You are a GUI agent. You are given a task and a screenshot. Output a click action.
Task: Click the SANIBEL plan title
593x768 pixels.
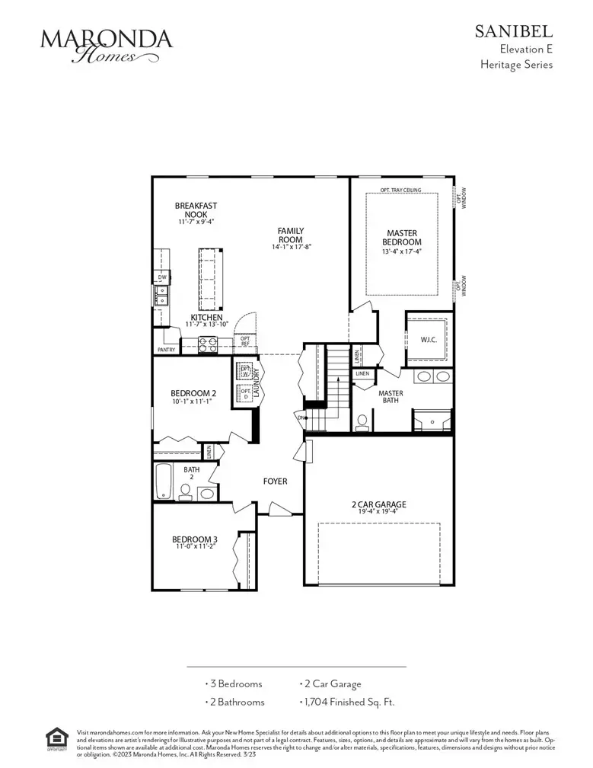click(x=514, y=31)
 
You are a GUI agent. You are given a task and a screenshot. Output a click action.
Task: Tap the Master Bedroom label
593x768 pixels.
click(x=401, y=238)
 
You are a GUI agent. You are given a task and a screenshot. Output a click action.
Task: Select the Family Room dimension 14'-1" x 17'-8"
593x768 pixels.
click(x=292, y=247)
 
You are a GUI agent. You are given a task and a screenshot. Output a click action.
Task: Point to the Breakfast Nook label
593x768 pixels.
click(x=196, y=210)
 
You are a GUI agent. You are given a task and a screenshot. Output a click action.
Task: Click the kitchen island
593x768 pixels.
click(x=208, y=274)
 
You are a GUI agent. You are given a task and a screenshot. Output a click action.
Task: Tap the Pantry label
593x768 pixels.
click(x=167, y=350)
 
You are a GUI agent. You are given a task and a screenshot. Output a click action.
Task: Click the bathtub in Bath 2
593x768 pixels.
click(x=164, y=482)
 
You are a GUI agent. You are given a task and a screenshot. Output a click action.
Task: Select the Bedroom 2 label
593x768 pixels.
click(x=193, y=393)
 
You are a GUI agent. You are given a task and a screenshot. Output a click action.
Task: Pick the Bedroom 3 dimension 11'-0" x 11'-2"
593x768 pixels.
click(x=193, y=546)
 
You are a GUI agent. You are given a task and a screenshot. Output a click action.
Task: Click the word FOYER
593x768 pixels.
click(x=275, y=481)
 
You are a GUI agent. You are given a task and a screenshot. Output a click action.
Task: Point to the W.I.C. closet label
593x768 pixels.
click(x=427, y=341)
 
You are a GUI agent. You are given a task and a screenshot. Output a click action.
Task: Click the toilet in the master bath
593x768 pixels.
click(x=363, y=421)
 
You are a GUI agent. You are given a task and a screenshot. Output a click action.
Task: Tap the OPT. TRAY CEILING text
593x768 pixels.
click(x=401, y=190)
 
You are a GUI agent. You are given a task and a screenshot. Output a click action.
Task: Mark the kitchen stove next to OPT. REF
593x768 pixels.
click(x=208, y=344)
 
